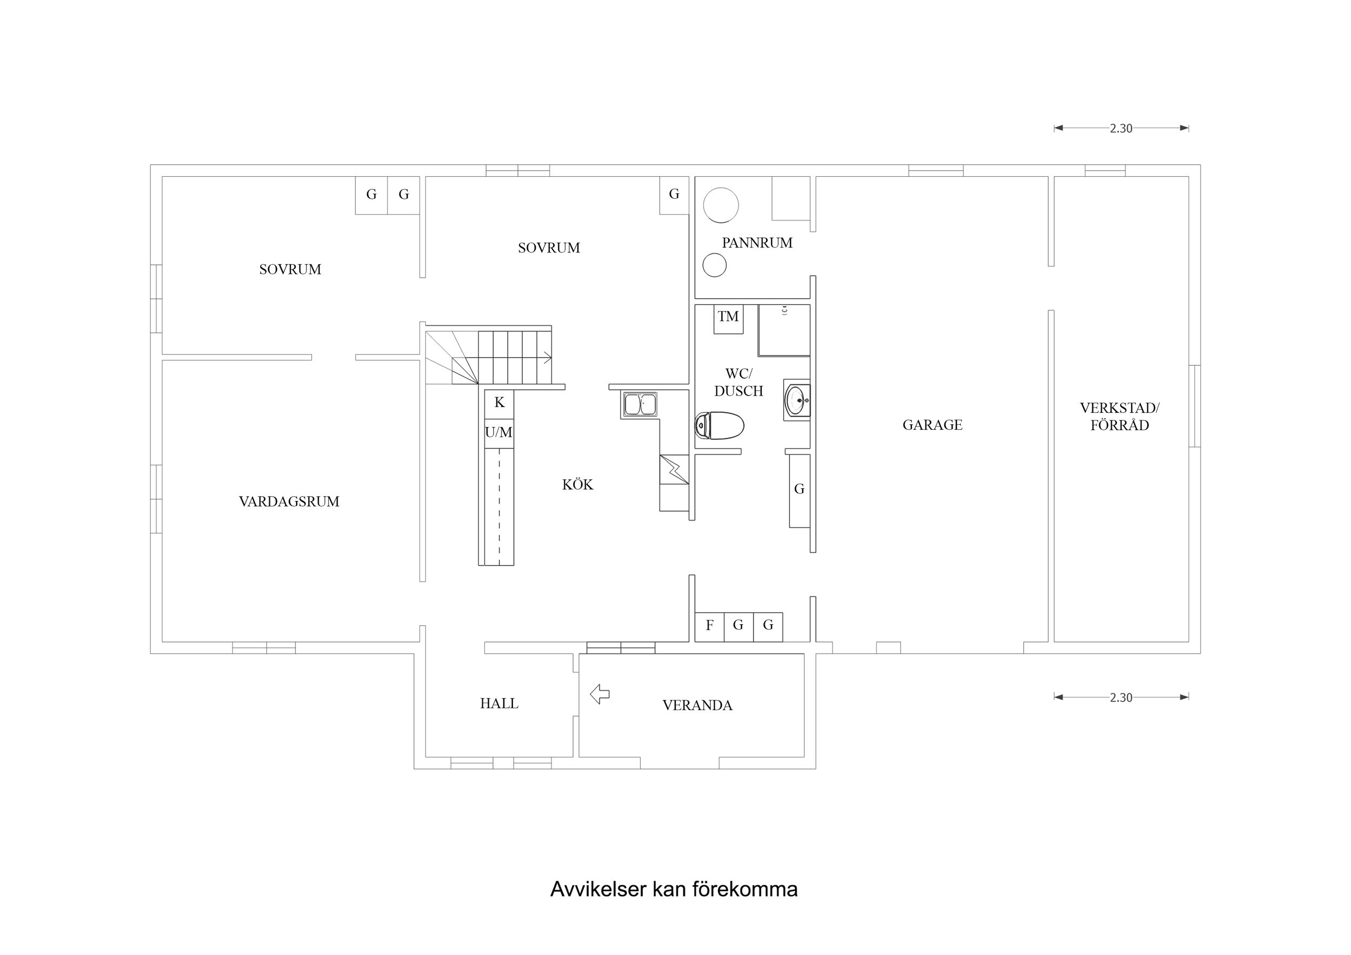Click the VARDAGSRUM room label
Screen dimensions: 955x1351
click(289, 502)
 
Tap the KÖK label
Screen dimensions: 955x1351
click(577, 485)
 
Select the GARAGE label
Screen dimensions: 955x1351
click(932, 425)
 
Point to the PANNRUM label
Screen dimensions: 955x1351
click(757, 243)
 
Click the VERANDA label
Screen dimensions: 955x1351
click(697, 705)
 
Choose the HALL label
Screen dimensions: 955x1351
click(499, 704)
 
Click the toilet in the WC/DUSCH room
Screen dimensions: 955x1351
click(719, 426)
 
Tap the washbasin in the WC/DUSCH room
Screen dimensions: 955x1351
click(797, 400)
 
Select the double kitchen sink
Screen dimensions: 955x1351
click(640, 405)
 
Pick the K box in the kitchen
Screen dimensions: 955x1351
click(499, 403)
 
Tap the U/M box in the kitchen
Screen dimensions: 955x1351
click(499, 433)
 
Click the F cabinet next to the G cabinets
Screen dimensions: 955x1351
click(710, 626)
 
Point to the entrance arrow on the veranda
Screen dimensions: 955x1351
click(600, 694)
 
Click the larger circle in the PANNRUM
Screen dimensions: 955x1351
click(721, 205)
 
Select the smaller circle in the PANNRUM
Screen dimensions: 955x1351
click(714, 265)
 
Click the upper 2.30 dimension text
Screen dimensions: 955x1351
click(1121, 128)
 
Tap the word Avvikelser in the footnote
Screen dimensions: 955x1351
click(598, 889)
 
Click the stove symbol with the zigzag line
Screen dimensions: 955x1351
click(674, 469)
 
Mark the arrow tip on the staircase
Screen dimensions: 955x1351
click(550, 357)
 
